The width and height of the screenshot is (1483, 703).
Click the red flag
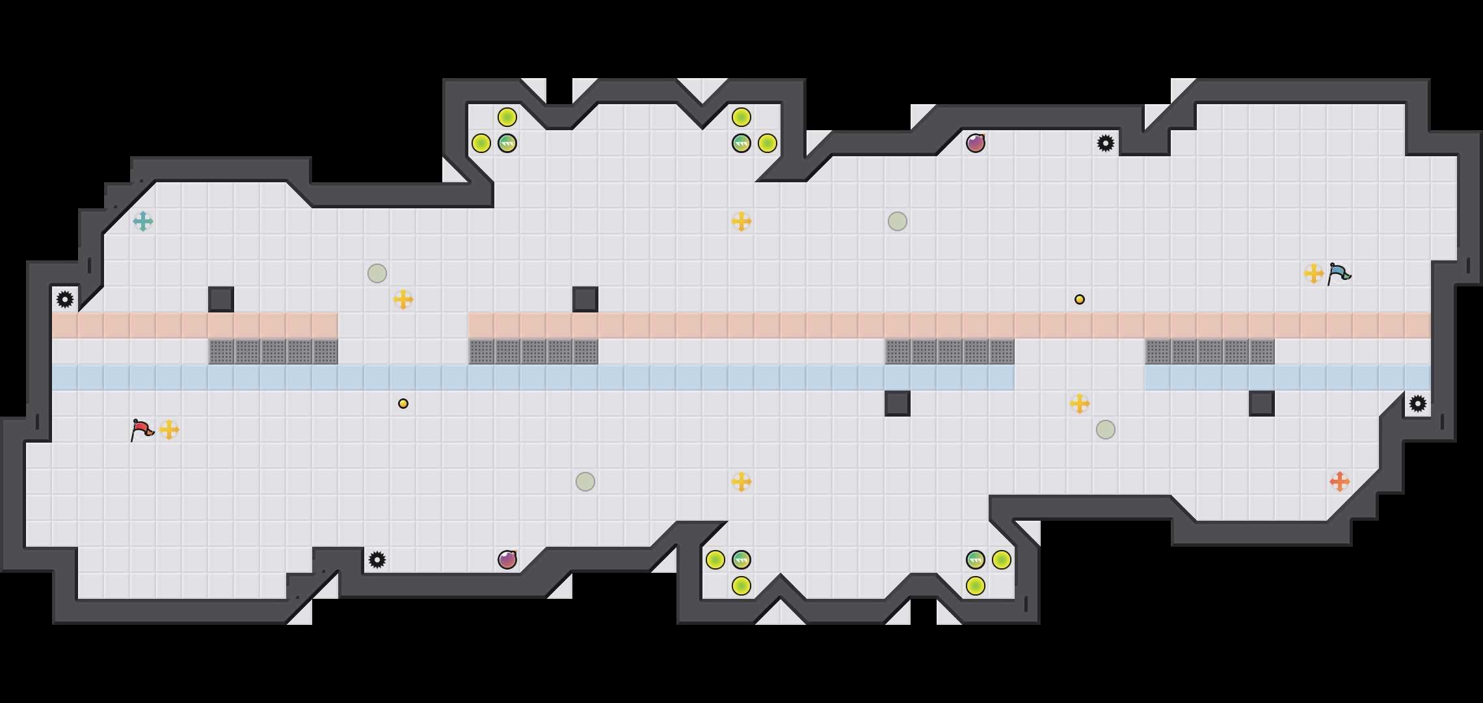[142, 430]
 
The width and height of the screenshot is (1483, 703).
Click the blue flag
[1339, 273]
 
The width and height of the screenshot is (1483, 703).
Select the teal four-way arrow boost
[143, 221]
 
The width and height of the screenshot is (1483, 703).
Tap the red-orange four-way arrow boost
[1340, 482]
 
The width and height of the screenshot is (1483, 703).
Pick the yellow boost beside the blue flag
[1314, 273]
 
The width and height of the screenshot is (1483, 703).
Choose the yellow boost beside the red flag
[169, 430]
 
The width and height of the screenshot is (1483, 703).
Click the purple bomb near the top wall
[976, 143]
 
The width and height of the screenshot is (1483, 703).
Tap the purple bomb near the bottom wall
[507, 560]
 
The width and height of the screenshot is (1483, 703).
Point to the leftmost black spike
[65, 299]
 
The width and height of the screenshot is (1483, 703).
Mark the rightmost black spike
[1418, 404]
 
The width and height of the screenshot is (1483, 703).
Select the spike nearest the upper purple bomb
[1106, 143]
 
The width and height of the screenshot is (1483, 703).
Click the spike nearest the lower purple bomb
[377, 560]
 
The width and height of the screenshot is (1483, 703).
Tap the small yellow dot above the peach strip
[1080, 299]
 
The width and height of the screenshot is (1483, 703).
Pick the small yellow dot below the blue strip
[403, 404]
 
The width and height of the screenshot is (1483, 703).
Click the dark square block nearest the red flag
[221, 299]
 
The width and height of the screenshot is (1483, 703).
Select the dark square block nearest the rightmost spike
[1262, 404]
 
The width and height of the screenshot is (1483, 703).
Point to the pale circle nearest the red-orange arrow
[1106, 430]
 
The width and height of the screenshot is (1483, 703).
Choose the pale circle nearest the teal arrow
[377, 273]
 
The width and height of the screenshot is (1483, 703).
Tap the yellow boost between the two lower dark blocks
[1080, 404]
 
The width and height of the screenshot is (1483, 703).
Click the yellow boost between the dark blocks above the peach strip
[403, 299]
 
